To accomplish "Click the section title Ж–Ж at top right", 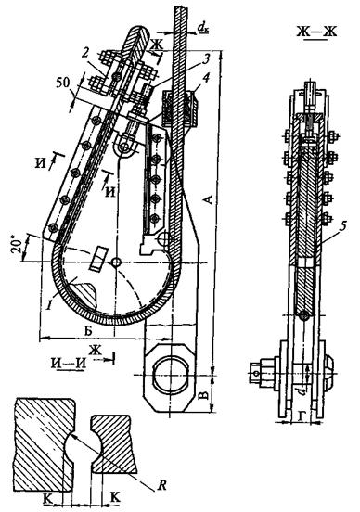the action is coord(316,32).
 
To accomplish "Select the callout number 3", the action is coord(205,58).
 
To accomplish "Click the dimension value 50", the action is coord(63,83).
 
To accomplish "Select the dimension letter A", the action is coord(209,198).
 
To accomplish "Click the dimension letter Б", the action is coord(88,330).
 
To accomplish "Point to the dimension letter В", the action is coord(202,395).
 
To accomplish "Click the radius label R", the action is coord(161,485).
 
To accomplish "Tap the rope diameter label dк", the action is coord(203,30).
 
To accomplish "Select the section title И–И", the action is coord(69,363).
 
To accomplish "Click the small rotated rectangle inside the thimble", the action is coord(99,259).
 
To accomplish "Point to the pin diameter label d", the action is coord(303,389).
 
